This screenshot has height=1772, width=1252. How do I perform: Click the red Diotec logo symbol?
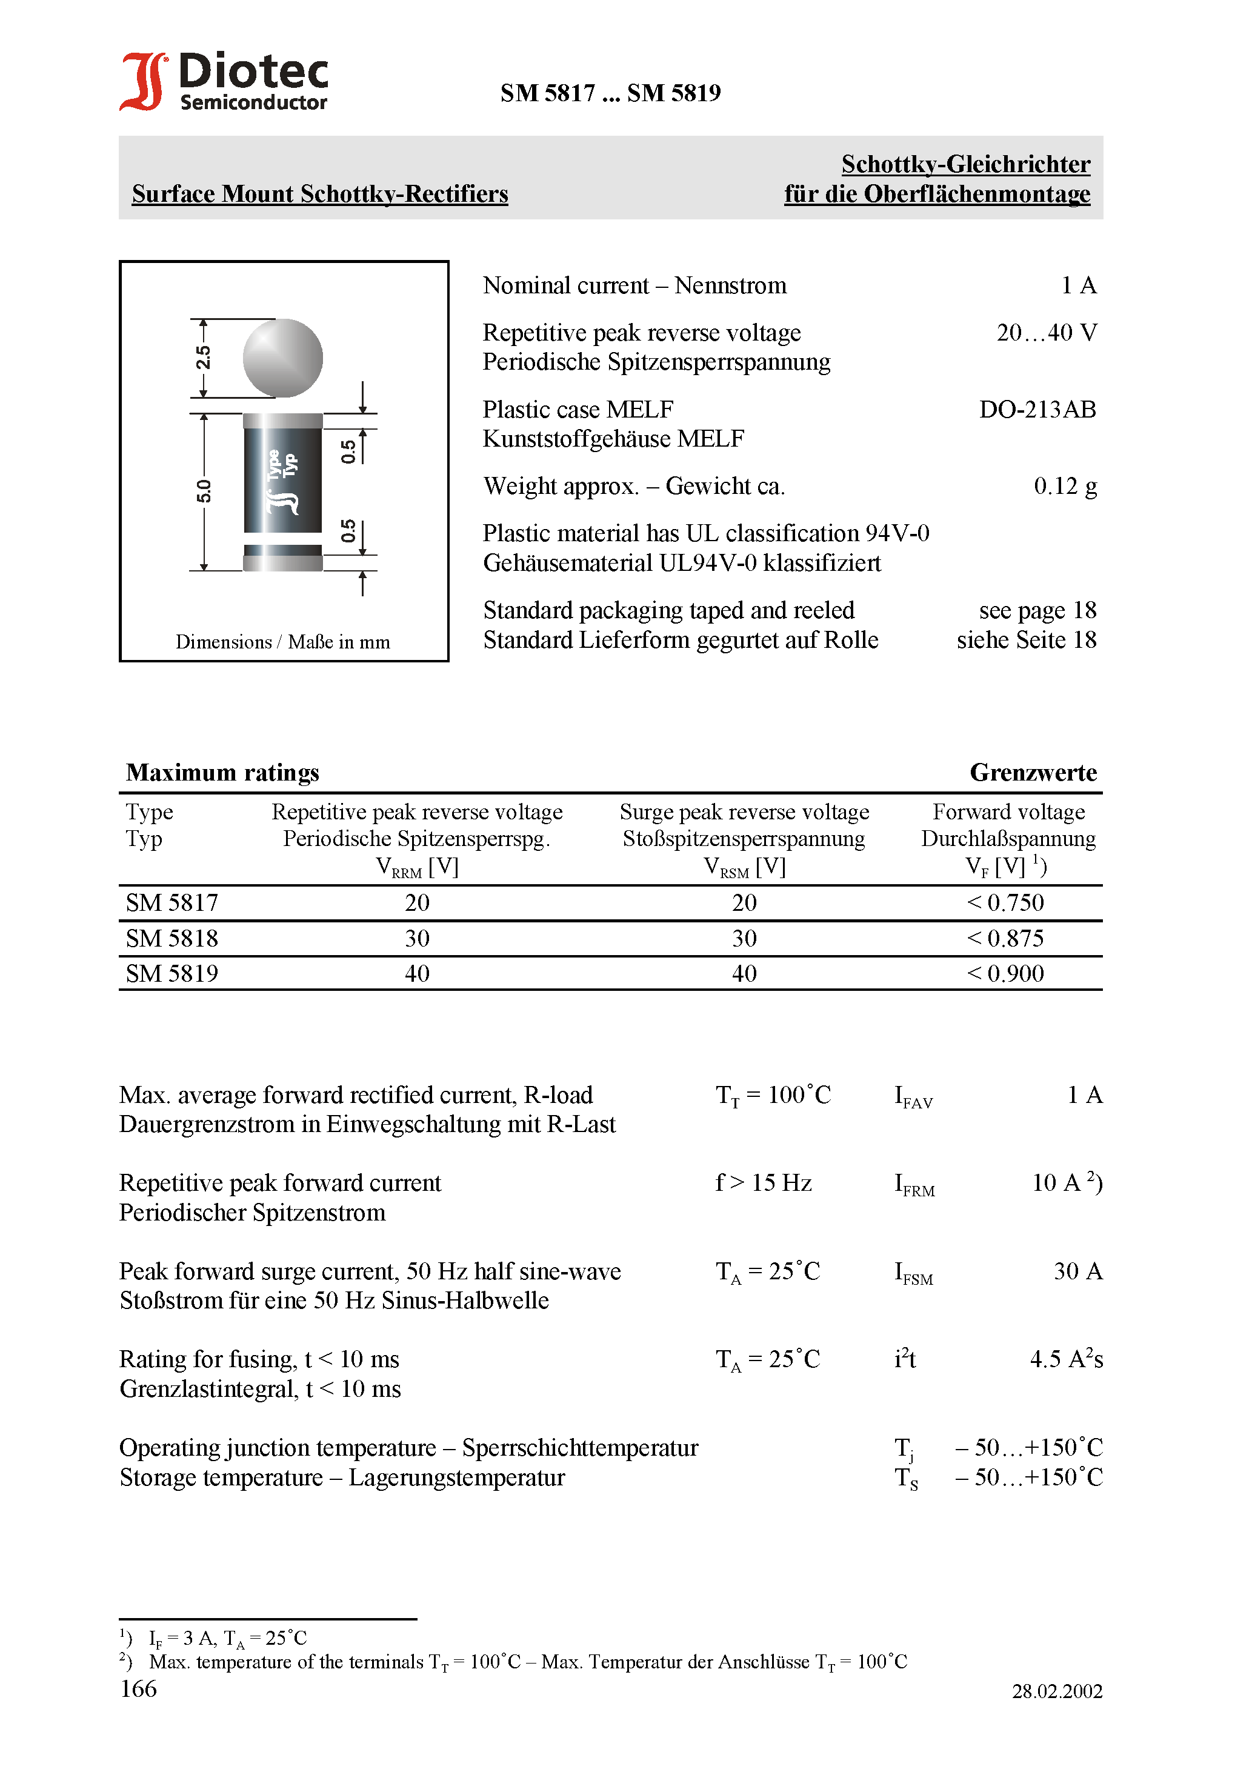click(144, 81)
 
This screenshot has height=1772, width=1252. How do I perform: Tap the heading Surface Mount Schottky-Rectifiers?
click(319, 194)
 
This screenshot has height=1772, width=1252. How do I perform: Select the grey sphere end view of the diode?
click(282, 358)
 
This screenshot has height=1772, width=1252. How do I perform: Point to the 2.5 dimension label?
click(203, 358)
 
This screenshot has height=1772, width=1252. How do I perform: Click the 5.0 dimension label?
click(203, 491)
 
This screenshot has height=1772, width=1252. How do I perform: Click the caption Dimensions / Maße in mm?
click(282, 642)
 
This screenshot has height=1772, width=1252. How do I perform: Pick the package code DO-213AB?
click(1037, 410)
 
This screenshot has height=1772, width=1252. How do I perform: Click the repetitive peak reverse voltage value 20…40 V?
click(1046, 333)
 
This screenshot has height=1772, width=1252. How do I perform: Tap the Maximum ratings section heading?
click(222, 773)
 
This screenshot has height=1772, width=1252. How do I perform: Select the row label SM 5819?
click(172, 974)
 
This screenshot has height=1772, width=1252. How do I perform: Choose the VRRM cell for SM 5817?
click(417, 903)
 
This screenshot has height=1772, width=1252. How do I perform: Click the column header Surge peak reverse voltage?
click(744, 812)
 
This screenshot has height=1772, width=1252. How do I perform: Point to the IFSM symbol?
click(913, 1273)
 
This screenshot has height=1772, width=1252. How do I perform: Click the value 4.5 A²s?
click(1066, 1359)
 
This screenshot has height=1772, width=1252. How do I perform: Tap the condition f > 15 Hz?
click(764, 1183)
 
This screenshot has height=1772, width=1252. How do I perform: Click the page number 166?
click(139, 1690)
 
